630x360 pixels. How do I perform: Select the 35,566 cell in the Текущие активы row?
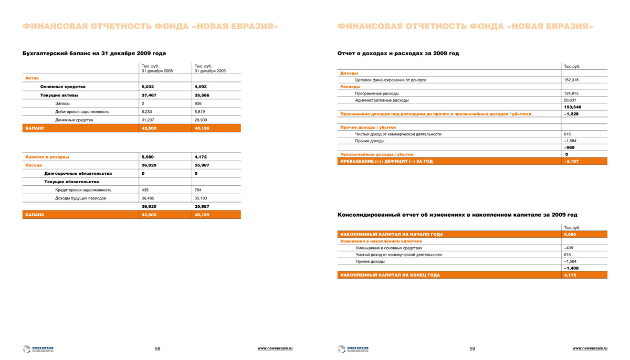pyautogui.click(x=202, y=95)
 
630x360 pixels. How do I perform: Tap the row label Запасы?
pyautogui.click(x=62, y=103)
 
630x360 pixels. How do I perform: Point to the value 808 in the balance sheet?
pyautogui.click(x=198, y=103)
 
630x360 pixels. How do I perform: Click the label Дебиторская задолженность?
pyautogui.click(x=82, y=112)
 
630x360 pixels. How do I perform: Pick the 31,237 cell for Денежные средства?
pyautogui.click(x=148, y=120)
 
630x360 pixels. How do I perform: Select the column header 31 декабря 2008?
pyautogui.click(x=157, y=71)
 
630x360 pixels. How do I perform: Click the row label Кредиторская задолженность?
pyautogui.click(x=83, y=190)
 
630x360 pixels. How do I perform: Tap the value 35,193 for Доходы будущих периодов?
pyautogui.click(x=201, y=198)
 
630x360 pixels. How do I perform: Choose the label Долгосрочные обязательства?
pyautogui.click(x=78, y=173)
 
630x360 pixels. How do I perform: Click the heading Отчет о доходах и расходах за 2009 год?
pyautogui.click(x=398, y=54)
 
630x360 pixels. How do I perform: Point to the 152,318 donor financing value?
pyautogui.click(x=571, y=80)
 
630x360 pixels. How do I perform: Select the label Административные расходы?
pyautogui.click(x=382, y=100)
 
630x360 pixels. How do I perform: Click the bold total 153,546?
pyautogui.click(x=572, y=107)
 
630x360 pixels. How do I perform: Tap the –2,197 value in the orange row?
pyautogui.click(x=571, y=162)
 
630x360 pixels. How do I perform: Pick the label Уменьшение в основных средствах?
pyautogui.click(x=388, y=248)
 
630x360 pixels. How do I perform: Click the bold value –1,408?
pyautogui.click(x=571, y=268)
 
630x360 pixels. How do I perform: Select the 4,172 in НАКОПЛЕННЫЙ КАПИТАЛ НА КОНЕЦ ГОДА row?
pyautogui.click(x=570, y=275)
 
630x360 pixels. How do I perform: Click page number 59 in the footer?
pyautogui.click(x=472, y=348)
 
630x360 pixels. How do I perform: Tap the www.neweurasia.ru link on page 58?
pyautogui.click(x=275, y=348)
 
